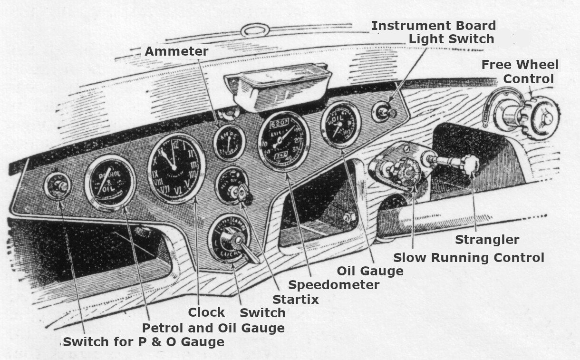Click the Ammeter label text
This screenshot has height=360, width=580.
(x=176, y=51)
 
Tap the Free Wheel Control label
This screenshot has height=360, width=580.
(x=520, y=71)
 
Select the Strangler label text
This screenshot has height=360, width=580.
(x=487, y=240)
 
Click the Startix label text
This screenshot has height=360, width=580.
(x=295, y=299)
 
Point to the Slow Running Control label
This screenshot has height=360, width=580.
(x=468, y=258)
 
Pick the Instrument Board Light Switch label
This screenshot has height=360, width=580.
(x=434, y=32)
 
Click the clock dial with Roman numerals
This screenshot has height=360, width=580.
(x=176, y=168)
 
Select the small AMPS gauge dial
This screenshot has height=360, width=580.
(x=229, y=143)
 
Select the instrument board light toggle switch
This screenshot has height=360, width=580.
(x=384, y=113)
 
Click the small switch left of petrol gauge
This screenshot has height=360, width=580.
(x=58, y=186)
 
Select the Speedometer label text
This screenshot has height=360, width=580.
(x=334, y=285)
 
